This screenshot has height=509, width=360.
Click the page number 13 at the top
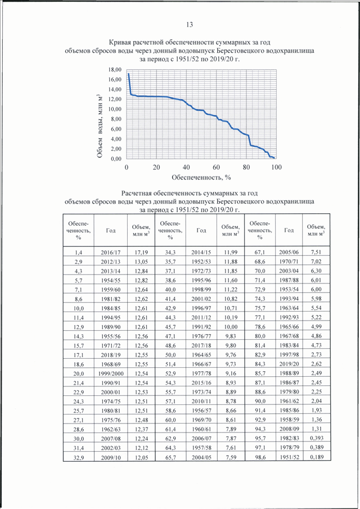(189, 25)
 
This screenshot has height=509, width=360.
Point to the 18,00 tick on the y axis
(115, 70)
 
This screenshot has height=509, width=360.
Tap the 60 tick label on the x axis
(216, 167)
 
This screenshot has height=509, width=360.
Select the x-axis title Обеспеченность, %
(201, 177)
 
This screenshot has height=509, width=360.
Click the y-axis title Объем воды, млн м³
(100, 127)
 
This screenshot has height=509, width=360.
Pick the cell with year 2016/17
(111, 252)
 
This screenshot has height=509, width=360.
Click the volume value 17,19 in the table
(141, 252)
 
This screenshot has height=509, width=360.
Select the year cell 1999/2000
(111, 373)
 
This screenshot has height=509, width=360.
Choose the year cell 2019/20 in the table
(289, 364)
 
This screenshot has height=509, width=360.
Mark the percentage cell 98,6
(260, 457)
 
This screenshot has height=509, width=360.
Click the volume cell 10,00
(231, 327)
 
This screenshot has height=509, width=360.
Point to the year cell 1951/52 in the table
(289, 457)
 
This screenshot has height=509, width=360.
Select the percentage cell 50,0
(170, 355)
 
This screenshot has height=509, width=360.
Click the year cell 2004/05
(201, 457)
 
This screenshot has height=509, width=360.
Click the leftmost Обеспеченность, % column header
(79, 231)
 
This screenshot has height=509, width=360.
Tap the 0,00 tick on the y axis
(116, 159)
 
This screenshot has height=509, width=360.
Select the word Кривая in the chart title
(120, 43)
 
